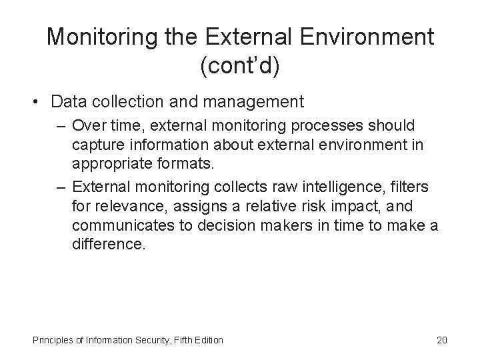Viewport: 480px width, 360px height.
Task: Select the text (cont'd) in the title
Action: [x=240, y=65]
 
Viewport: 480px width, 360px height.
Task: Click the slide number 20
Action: [x=441, y=341]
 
